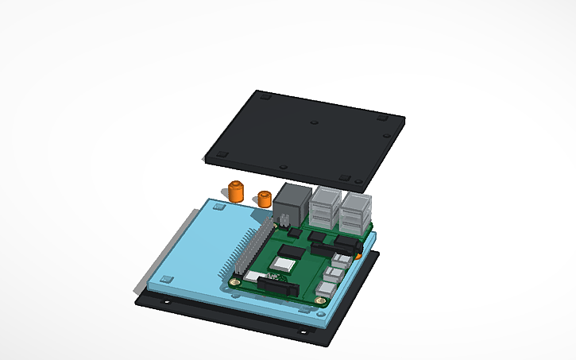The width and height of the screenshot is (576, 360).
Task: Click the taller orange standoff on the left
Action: [x=235, y=192]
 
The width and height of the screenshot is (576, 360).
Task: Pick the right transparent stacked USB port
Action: [x=355, y=211]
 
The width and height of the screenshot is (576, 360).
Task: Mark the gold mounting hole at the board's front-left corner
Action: [x=236, y=281]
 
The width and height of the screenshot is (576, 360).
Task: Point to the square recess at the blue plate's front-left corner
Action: [x=166, y=280]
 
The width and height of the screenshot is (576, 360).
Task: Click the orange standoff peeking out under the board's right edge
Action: [x=361, y=256]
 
